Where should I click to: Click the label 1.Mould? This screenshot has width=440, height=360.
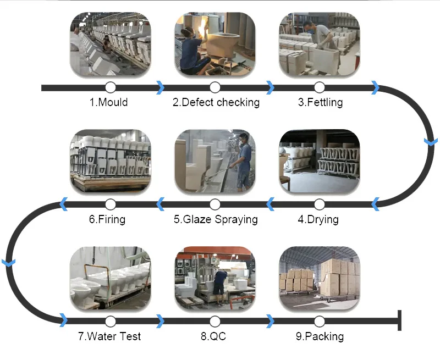coord(108,102)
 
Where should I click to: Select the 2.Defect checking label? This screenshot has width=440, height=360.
coord(216,102)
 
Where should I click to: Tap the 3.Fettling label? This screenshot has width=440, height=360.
coord(320,102)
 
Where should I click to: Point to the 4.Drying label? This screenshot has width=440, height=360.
coord(318,219)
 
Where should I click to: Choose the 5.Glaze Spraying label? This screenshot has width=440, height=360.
coord(216,219)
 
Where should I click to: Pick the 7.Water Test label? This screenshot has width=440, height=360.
coord(109,336)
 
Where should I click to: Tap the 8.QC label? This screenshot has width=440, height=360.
coord(214,336)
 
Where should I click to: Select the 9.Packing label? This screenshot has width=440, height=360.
coord(320,336)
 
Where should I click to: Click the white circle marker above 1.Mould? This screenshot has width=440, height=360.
coord(110,87)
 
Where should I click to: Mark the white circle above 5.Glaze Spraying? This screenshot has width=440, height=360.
coord(215,204)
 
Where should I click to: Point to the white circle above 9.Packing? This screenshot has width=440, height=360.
coord(320,321)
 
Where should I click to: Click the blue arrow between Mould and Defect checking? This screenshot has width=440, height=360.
coord(160,87)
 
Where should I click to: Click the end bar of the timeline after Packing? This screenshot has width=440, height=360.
coord(399,321)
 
